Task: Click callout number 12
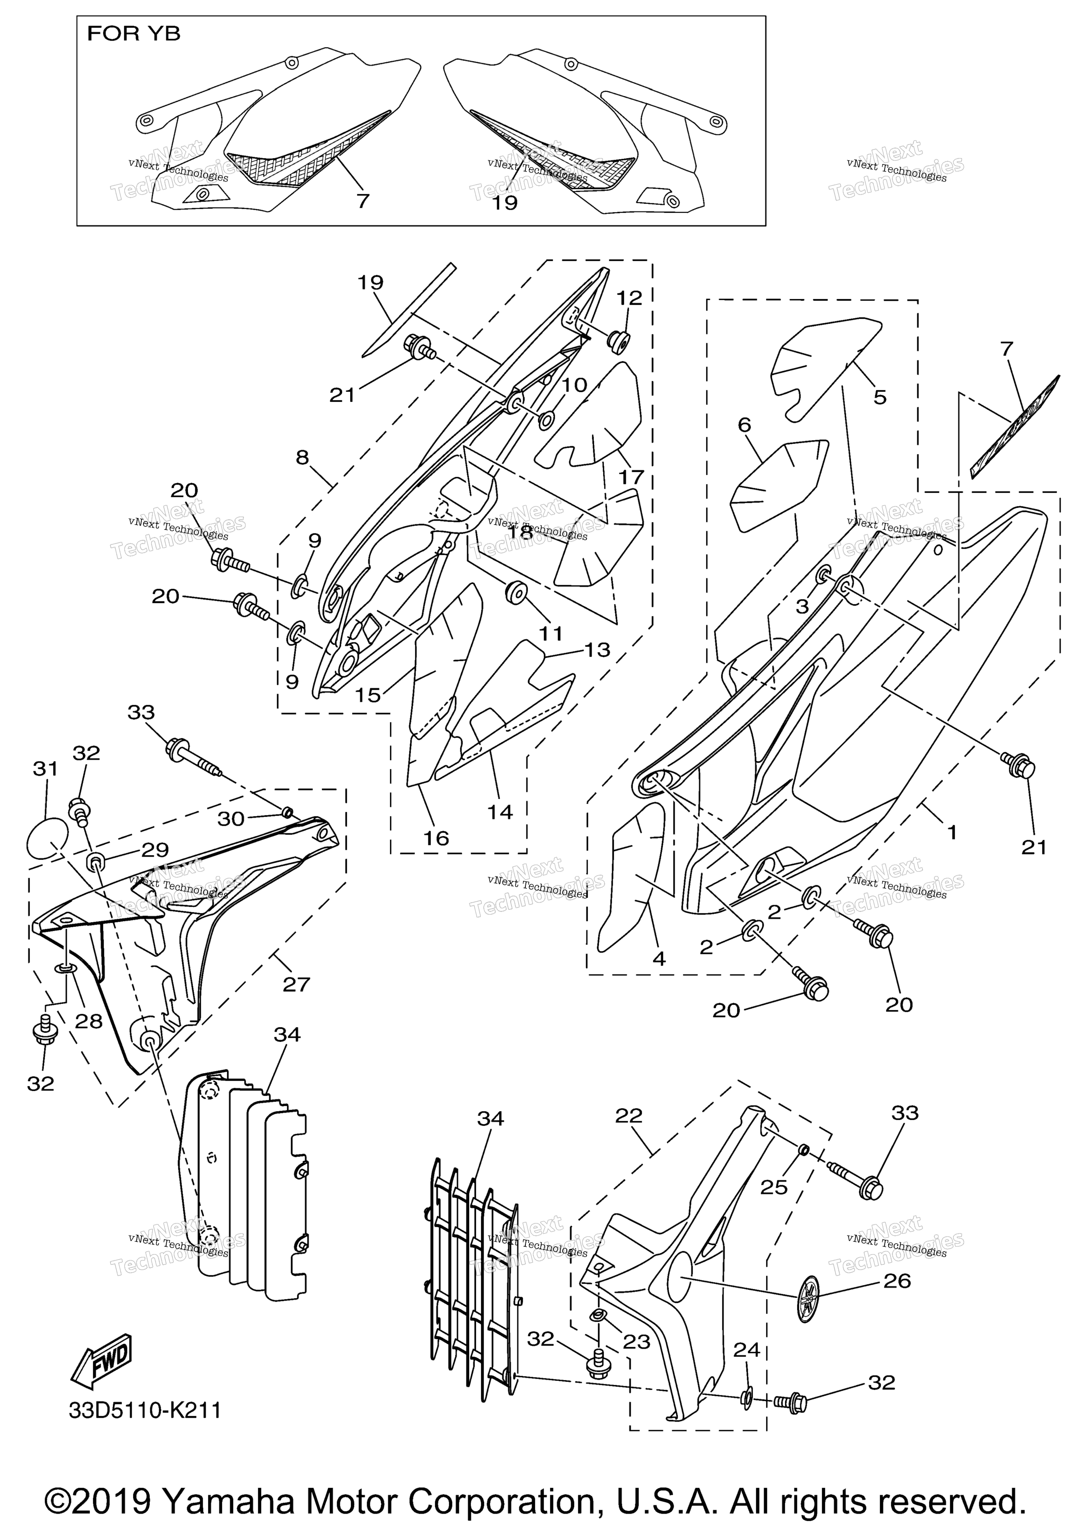click(x=630, y=298)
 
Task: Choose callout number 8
click(x=303, y=458)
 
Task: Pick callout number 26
click(x=897, y=1281)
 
